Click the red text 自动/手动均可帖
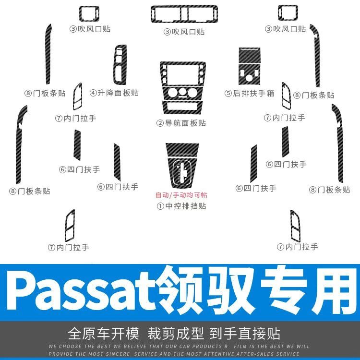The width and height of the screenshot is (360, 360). coord(181,195)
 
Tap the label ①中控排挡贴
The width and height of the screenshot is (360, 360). coord(181,206)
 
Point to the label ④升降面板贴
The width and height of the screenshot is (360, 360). coord(114,92)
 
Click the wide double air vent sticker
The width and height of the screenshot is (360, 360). coord(184,14)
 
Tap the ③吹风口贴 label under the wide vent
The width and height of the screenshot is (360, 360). coord(184,32)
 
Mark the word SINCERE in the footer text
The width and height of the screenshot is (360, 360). coord(139,353)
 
